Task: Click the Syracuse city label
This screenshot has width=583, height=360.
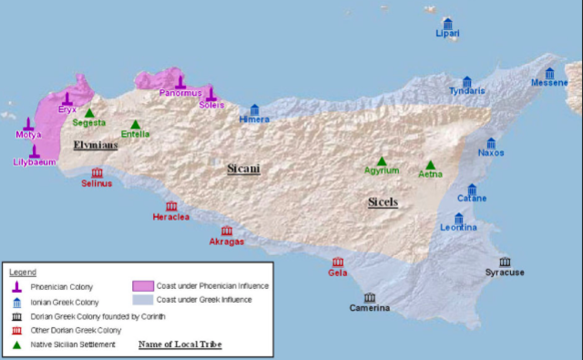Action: pyautogui.click(x=504, y=273)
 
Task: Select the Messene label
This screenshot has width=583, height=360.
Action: pyautogui.click(x=549, y=83)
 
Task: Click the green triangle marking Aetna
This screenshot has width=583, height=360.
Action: pyautogui.click(x=431, y=164)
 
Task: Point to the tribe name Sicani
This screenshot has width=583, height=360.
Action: pyautogui.click(x=243, y=168)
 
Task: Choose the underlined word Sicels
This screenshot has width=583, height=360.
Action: pyautogui.click(x=384, y=201)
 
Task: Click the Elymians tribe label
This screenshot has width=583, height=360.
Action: pyautogui.click(x=96, y=144)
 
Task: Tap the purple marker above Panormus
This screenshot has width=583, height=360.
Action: pyautogui.click(x=180, y=81)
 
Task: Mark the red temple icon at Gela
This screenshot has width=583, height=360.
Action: pyautogui.click(x=338, y=262)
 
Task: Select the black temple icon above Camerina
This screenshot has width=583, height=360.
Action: pyautogui.click(x=369, y=297)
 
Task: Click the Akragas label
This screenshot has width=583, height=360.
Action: pyautogui.click(x=227, y=242)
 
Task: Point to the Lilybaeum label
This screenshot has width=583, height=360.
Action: pyautogui.click(x=35, y=162)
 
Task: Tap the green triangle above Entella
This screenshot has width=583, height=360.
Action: pyautogui.click(x=136, y=124)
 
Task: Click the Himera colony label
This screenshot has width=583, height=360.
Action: pyautogui.click(x=254, y=119)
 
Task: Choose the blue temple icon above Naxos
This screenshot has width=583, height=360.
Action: pyautogui.click(x=490, y=142)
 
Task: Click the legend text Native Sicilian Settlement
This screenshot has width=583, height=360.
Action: pyautogui.click(x=72, y=345)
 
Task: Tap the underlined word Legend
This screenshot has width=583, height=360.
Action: pyautogui.click(x=23, y=272)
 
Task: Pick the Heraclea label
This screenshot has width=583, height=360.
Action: pyautogui.click(x=171, y=217)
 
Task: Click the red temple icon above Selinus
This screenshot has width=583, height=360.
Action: pyautogui.click(x=97, y=172)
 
